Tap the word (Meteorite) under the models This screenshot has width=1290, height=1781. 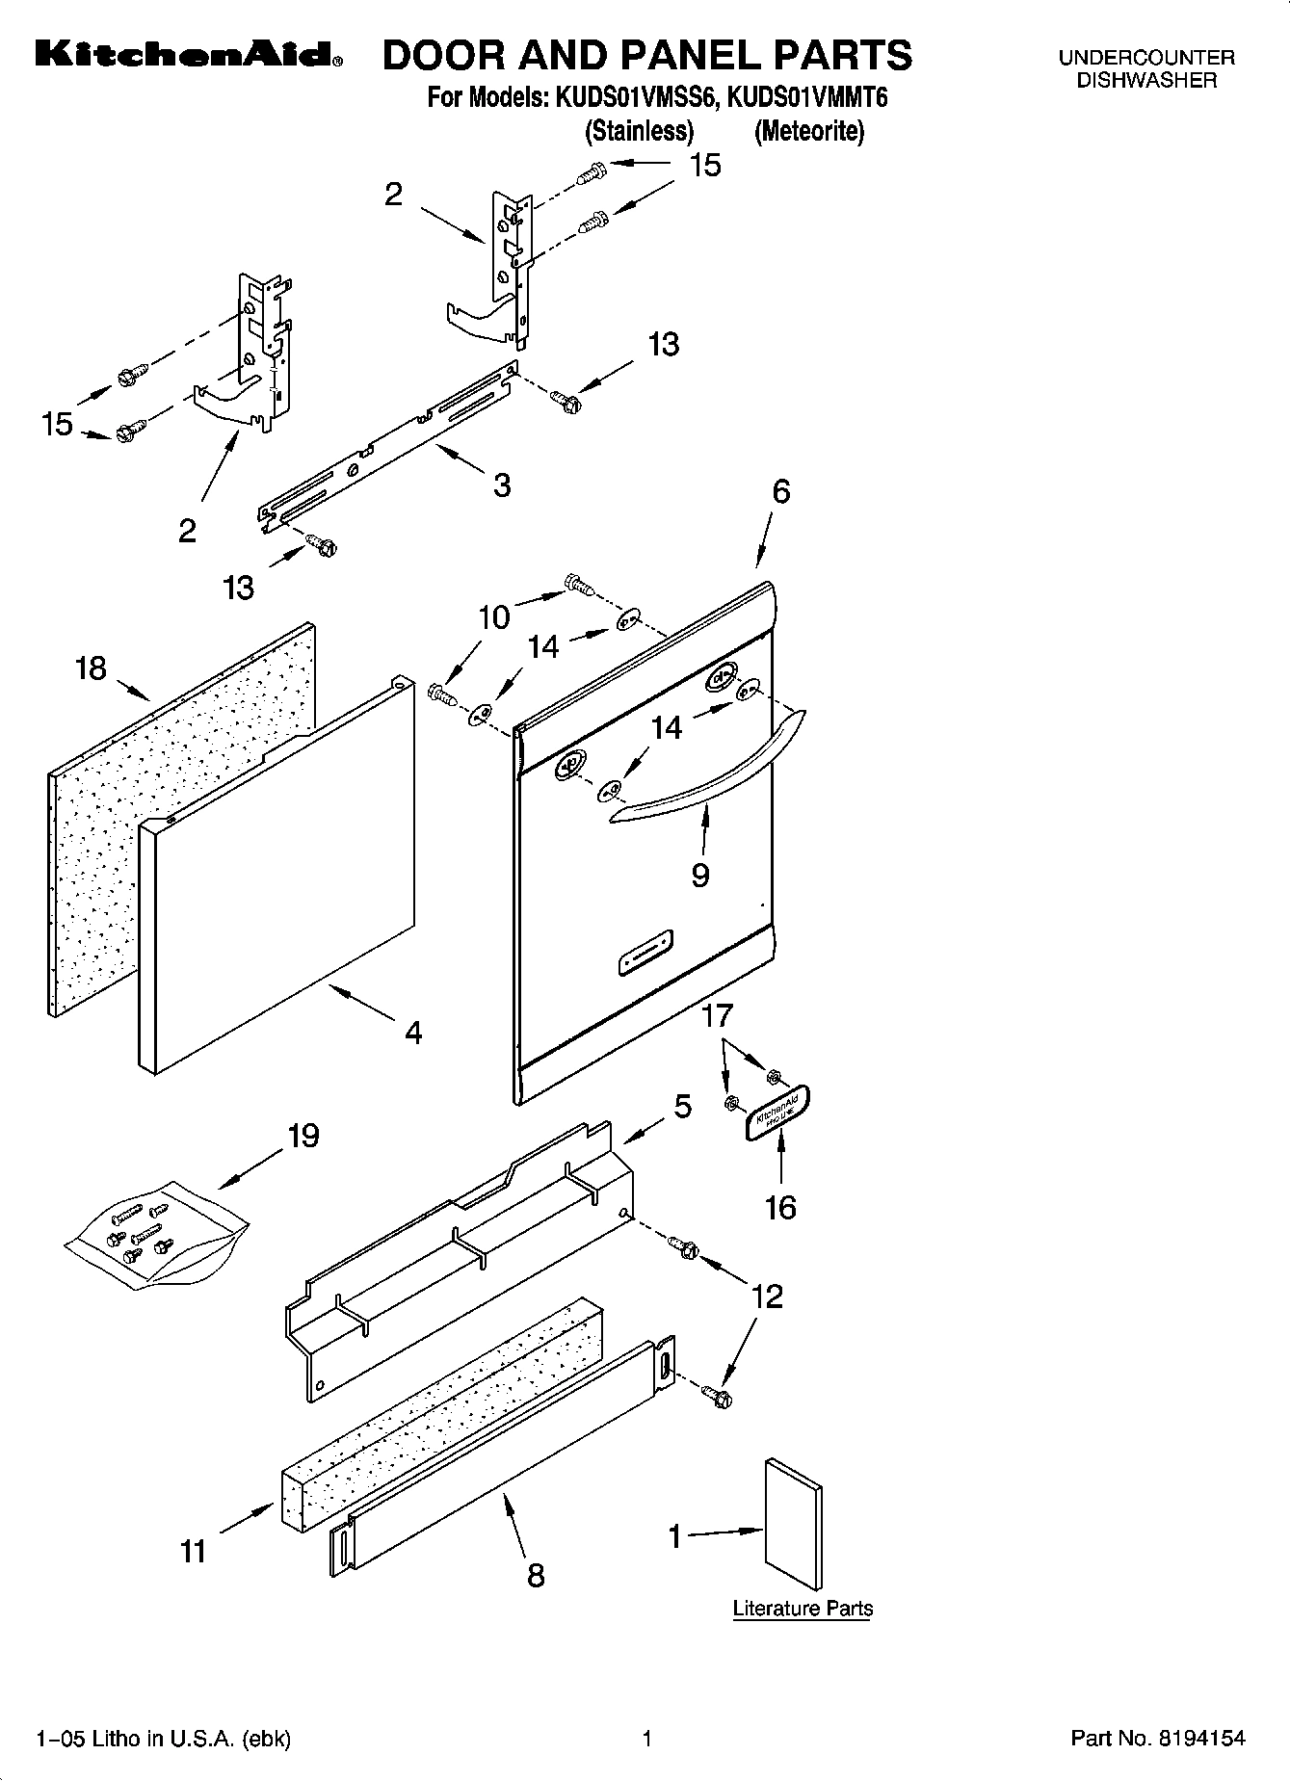(x=808, y=131)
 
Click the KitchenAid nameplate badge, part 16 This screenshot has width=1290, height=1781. (x=778, y=1113)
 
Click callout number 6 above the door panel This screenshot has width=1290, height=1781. (x=780, y=492)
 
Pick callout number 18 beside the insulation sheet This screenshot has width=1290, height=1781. (x=91, y=668)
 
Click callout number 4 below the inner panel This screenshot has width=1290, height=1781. (x=413, y=1034)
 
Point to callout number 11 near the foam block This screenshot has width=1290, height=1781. (x=193, y=1552)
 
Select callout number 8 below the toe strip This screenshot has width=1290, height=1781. (x=536, y=1575)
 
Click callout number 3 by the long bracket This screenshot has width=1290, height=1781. (x=501, y=485)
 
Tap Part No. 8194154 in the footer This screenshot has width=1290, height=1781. (x=1157, y=1739)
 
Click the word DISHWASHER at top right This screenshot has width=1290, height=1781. (x=1145, y=81)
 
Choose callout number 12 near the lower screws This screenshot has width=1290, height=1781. (x=767, y=1296)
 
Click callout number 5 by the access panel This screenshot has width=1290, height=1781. (x=682, y=1106)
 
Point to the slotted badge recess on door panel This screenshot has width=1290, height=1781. (x=645, y=954)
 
